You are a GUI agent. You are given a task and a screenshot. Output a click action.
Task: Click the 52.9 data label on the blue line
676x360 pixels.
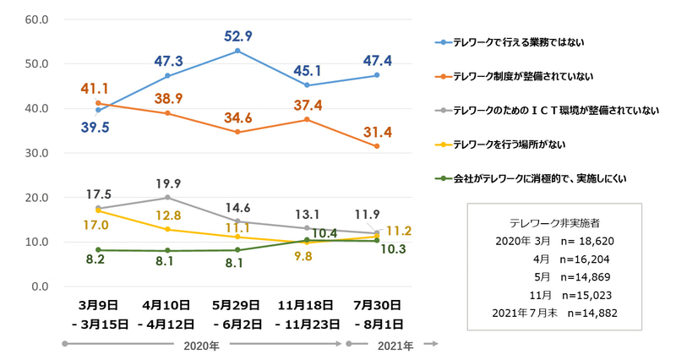click(x=237, y=35)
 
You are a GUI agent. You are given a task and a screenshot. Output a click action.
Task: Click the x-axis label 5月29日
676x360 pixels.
click(x=237, y=305)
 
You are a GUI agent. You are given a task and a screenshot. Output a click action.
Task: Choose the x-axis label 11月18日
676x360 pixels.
click(x=307, y=305)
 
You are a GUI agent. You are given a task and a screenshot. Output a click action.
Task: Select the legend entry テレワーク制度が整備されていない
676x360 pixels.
click(x=522, y=76)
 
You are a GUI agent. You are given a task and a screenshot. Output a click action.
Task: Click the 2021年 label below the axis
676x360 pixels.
click(x=395, y=345)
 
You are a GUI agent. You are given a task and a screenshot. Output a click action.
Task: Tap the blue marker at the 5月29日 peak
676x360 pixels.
click(x=237, y=51)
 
